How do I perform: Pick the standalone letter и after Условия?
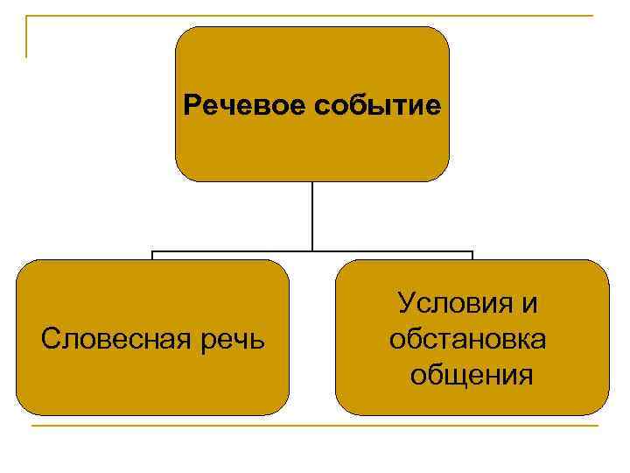click(528, 304)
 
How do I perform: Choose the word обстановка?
click(469, 339)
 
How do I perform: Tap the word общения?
click(472, 375)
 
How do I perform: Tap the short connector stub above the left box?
click(153, 256)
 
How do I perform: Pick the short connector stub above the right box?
click(472, 256)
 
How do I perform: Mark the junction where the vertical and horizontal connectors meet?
click(312, 251)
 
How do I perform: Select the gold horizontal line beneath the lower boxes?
click(315, 426)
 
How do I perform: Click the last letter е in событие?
click(433, 107)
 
